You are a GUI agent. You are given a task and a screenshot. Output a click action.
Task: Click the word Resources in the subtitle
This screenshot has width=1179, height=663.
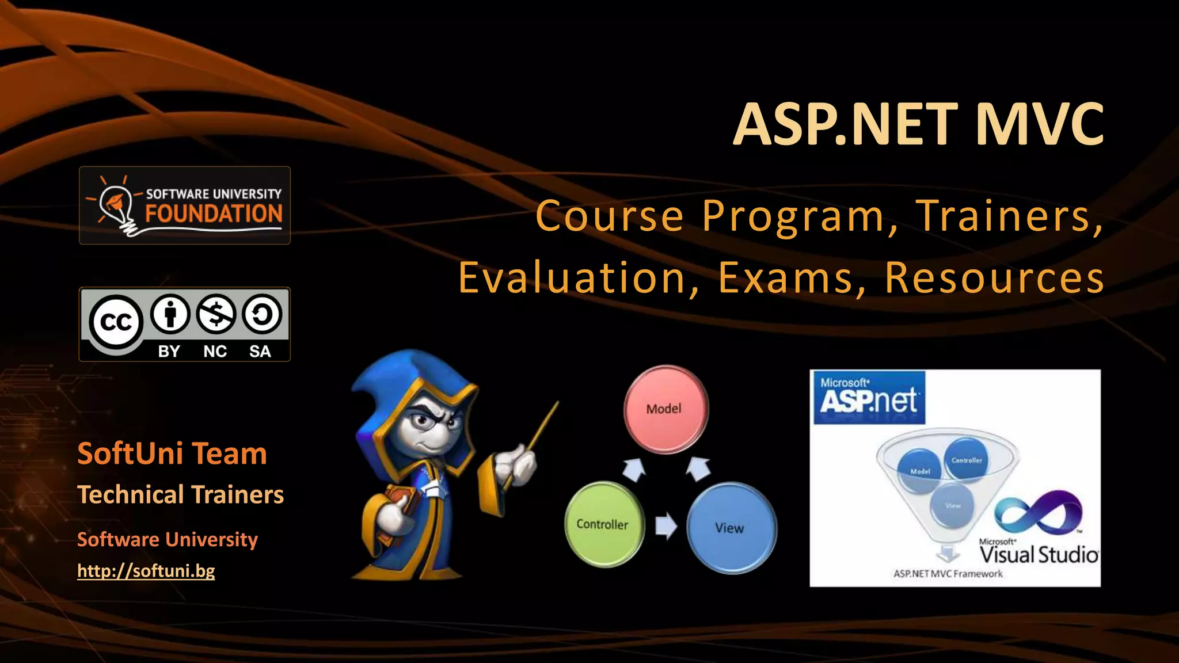(994, 278)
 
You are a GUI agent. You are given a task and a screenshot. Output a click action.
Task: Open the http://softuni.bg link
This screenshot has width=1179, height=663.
(146, 571)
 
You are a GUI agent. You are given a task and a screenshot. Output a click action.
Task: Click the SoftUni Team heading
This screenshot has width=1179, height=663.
(172, 454)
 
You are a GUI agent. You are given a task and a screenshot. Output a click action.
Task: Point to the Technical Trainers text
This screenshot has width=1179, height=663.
(180, 495)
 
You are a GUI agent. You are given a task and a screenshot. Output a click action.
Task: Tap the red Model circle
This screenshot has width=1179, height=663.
(665, 409)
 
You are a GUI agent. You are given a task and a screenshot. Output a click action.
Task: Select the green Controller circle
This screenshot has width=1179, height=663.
(604, 524)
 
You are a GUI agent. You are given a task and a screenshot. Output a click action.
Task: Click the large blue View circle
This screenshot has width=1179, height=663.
(731, 528)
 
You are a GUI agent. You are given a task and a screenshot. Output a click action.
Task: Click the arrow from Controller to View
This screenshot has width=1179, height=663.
(665, 525)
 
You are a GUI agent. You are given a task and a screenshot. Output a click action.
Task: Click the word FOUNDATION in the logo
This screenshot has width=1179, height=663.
(214, 214)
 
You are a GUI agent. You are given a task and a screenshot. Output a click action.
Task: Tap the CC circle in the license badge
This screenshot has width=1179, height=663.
(116, 322)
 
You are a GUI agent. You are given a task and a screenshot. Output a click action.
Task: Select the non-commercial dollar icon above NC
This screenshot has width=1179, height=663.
(215, 314)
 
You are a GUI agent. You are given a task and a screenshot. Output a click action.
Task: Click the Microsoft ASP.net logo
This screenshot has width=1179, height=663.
(869, 397)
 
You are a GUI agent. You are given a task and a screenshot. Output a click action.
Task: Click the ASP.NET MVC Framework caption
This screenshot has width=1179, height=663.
(948, 574)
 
